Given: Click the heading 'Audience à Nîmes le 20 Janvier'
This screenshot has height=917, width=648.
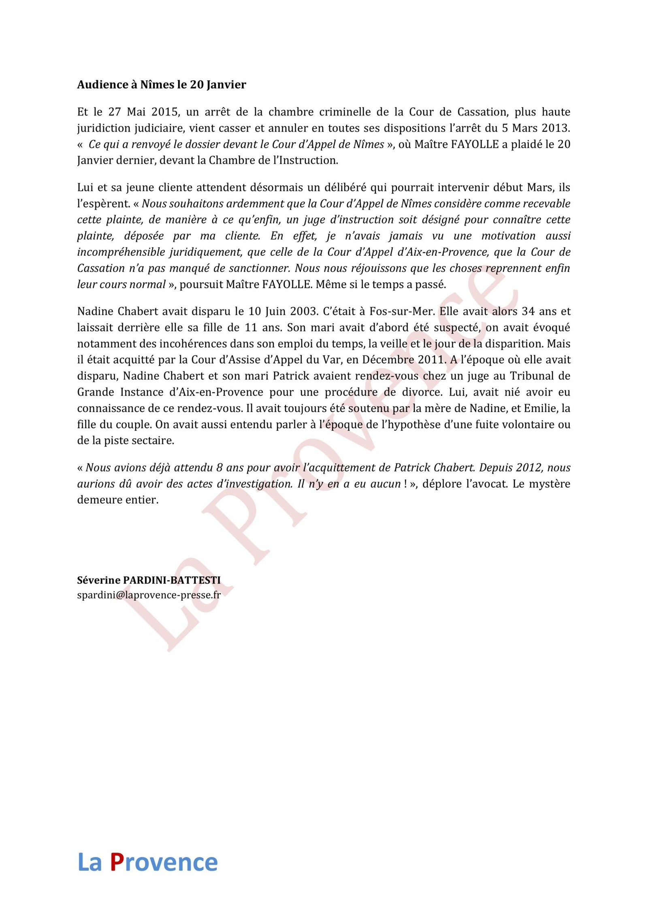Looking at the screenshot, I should click(162, 85).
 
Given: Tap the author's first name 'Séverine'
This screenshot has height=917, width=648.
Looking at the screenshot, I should click(98, 580).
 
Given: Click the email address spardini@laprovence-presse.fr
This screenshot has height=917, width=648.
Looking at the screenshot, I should click(149, 595).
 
